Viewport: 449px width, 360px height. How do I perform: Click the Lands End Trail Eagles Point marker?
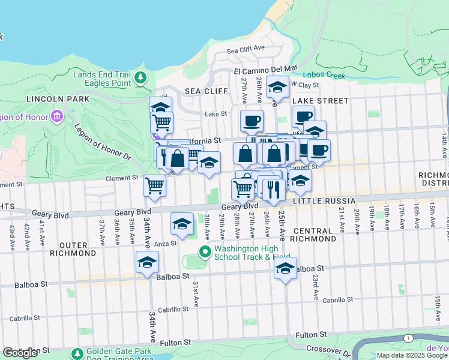pos(140,77)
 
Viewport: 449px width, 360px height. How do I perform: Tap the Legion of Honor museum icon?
pos(57,115)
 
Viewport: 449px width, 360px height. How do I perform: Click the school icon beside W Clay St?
pos(277,88)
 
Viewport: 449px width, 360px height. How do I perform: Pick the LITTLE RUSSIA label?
pos(322,201)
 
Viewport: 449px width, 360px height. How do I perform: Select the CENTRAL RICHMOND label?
pos(315,235)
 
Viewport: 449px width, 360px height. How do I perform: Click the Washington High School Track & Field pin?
pos(205,251)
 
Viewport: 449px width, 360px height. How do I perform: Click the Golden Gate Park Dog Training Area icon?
pos(76,354)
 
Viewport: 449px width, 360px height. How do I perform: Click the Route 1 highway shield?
pos(408,339)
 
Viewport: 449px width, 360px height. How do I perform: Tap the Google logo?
pos(20,353)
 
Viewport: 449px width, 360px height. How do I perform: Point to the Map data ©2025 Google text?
pos(412,355)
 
